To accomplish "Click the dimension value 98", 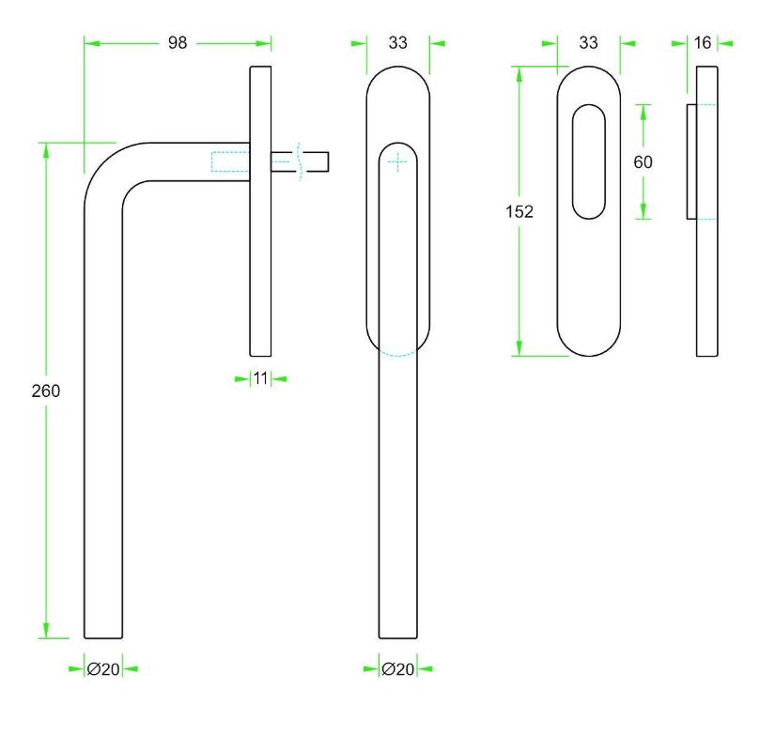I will click(178, 43).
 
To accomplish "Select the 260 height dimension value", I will click(45, 390).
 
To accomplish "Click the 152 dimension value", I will click(519, 212).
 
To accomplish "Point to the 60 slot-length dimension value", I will click(643, 161).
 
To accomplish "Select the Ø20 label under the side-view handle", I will click(103, 669).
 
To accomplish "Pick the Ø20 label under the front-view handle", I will click(398, 669).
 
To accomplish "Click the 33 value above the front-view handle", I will click(398, 43).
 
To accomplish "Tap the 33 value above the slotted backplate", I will click(589, 43).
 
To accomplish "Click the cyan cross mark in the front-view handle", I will click(398, 161).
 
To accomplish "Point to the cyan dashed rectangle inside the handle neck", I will click(230, 161).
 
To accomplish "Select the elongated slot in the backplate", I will click(589, 161).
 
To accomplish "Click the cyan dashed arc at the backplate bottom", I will click(398, 352).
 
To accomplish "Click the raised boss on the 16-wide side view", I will click(691, 161).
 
